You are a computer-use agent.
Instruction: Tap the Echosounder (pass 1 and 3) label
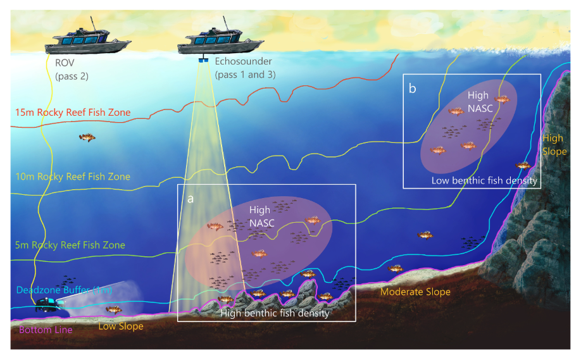(244, 68)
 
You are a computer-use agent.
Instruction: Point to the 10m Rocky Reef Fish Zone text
(72, 177)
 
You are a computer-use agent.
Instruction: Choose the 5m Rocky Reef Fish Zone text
(69, 245)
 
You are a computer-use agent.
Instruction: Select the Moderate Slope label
(415, 292)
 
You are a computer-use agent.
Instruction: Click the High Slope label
(554, 145)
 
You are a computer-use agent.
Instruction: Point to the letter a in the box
(191, 198)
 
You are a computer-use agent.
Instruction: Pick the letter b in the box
(413, 89)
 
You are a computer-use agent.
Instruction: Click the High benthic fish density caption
(275, 313)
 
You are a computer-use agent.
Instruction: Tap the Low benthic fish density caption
(484, 180)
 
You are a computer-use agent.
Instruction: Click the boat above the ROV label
(89, 41)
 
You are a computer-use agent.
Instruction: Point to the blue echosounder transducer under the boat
(204, 61)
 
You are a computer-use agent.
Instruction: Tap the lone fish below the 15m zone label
(87, 137)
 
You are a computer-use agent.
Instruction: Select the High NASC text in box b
(478, 102)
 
